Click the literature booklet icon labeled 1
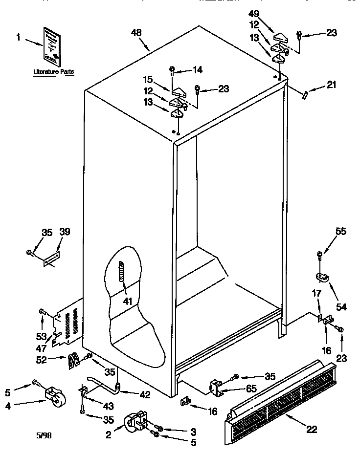[52, 46]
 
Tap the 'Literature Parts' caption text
[54, 72]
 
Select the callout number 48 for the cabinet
[136, 33]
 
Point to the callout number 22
[312, 430]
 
